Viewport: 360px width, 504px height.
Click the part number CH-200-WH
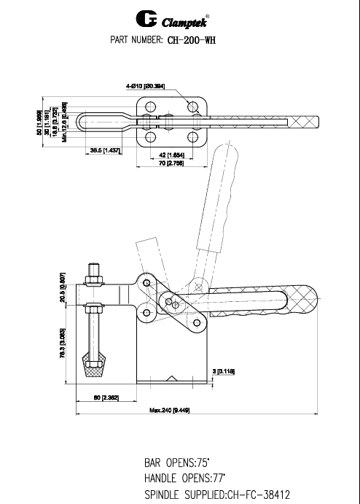tap(192, 40)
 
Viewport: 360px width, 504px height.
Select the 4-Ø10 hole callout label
tap(146, 86)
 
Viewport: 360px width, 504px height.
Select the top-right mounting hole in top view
tap(193, 107)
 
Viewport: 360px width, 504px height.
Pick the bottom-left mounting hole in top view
tap(149, 137)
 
